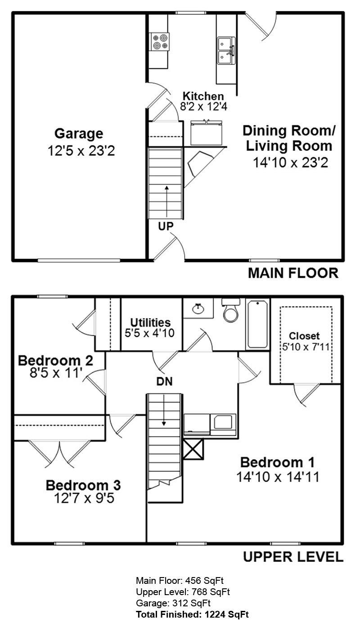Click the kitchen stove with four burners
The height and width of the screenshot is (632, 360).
tap(160, 42)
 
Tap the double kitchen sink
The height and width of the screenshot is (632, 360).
tap(226, 50)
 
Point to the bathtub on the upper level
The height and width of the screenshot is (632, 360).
tap(257, 325)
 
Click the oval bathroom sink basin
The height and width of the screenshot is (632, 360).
tap(198, 308)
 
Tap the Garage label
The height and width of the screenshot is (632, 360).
tap(79, 133)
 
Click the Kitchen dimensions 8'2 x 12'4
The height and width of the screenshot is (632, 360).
tap(204, 107)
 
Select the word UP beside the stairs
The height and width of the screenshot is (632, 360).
tap(166, 226)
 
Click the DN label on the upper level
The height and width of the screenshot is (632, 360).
tap(165, 381)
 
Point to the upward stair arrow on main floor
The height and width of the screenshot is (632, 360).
tap(167, 202)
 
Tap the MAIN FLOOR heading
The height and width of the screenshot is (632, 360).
tap(293, 273)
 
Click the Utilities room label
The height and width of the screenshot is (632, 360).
tap(150, 322)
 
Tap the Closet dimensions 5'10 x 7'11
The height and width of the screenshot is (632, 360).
tap(306, 347)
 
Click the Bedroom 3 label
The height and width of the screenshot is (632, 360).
tap(83, 485)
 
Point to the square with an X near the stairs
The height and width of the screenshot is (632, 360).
tap(193, 449)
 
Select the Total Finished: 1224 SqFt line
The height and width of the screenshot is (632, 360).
tap(193, 614)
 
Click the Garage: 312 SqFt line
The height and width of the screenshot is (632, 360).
tap(173, 603)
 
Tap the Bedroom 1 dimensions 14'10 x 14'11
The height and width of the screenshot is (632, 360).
tap(278, 477)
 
